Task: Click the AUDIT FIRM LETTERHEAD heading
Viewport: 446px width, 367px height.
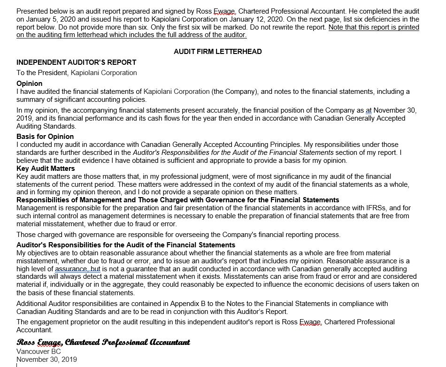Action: click(x=218, y=52)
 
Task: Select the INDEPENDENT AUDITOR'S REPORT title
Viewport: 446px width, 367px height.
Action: click(x=77, y=62)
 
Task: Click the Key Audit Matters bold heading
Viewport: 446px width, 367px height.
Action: click(x=46, y=168)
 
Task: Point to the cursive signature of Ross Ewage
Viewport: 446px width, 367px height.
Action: click(x=103, y=342)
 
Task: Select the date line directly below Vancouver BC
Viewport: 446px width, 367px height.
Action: click(x=46, y=360)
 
